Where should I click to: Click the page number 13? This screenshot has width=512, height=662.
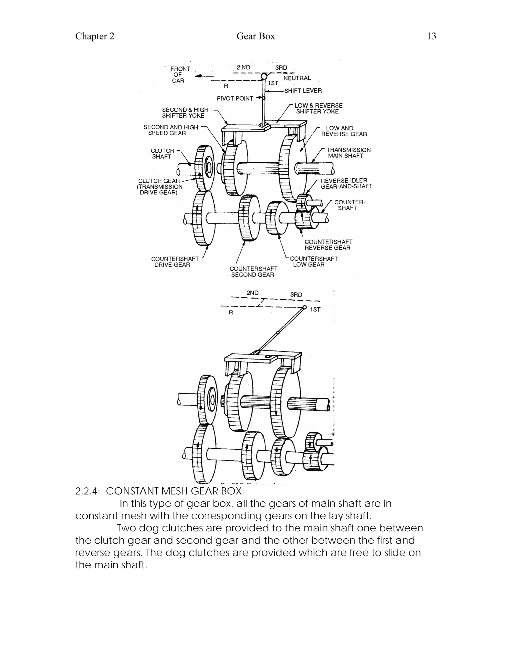click(x=431, y=36)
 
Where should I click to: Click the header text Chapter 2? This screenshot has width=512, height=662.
click(x=95, y=36)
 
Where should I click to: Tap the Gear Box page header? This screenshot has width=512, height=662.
click(x=256, y=36)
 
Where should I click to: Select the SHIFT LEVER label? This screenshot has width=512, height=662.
click(x=303, y=91)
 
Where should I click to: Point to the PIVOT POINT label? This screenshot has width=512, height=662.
click(x=235, y=98)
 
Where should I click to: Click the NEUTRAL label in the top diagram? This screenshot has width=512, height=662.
click(x=297, y=78)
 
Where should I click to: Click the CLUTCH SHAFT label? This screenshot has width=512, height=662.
click(x=162, y=154)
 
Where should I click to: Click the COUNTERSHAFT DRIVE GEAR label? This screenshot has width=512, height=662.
click(x=174, y=262)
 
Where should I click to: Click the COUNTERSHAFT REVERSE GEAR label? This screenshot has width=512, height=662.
click(x=328, y=245)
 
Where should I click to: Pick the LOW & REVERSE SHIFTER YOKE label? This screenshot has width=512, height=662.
click(x=318, y=108)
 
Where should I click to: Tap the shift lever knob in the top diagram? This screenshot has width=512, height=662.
click(x=264, y=76)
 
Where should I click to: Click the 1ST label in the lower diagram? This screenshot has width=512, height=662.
click(x=315, y=310)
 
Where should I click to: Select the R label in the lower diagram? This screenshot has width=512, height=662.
click(x=231, y=312)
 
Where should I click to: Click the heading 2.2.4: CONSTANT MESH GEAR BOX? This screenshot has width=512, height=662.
click(x=159, y=491)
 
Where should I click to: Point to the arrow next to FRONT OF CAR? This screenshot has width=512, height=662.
click(x=200, y=76)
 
